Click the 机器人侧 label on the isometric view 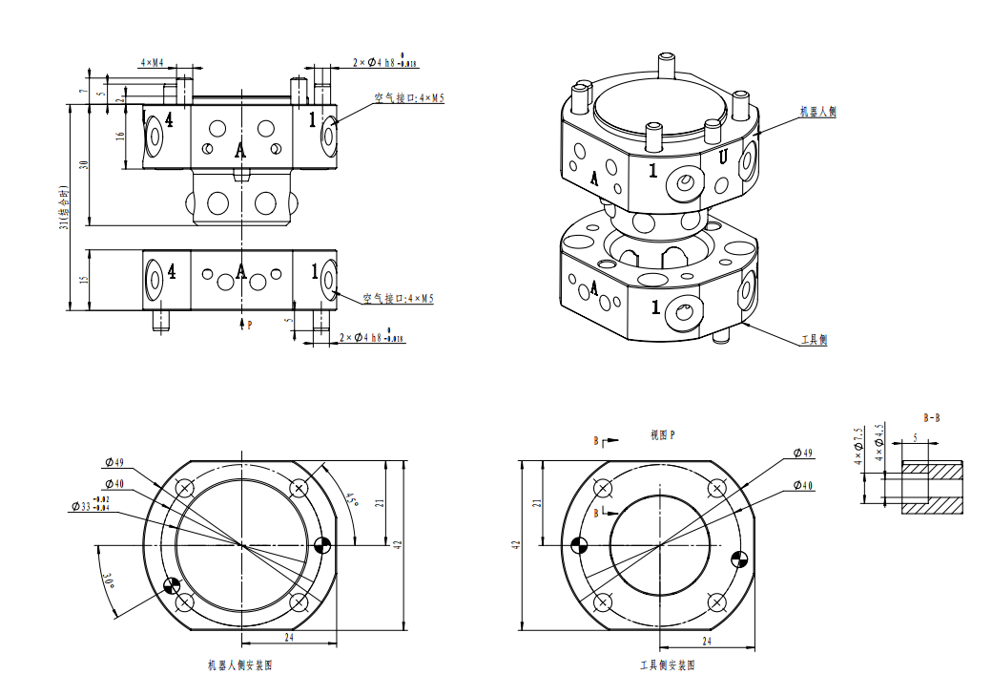[817, 112]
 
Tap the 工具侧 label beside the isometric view [813, 340]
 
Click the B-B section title [932, 417]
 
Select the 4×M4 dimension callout [152, 63]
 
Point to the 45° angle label [351, 498]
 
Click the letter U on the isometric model [723, 158]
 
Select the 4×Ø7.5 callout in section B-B [858, 443]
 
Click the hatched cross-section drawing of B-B [931, 488]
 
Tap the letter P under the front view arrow [250, 326]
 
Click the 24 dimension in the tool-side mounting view [707, 641]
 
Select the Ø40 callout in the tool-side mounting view [803, 486]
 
